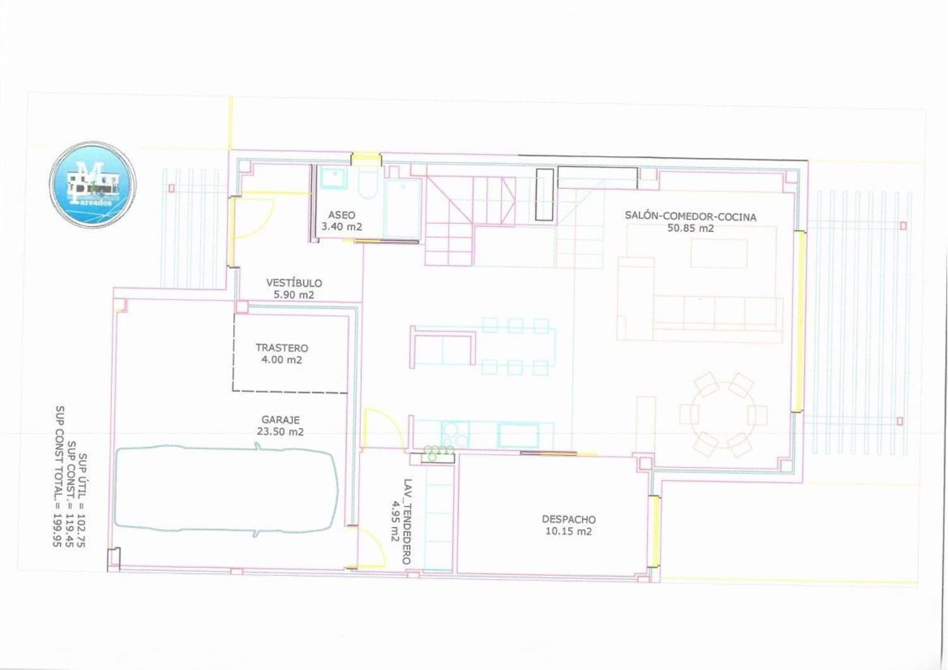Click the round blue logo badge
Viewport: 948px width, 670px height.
point(92,185)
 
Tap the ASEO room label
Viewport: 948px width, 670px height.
point(341,214)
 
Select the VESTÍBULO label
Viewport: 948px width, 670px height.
point(294,283)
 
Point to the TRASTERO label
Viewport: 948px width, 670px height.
point(281,348)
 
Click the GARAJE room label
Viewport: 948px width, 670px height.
point(280,420)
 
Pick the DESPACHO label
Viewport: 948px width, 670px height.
point(568,519)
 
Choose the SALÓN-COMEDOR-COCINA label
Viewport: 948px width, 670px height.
point(690,217)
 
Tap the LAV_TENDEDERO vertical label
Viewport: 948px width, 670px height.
point(407,521)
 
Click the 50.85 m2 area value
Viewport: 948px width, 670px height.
point(690,228)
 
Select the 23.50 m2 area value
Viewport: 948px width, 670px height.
point(280,431)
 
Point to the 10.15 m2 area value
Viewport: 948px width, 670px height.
point(568,531)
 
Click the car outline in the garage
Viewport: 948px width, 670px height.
point(228,490)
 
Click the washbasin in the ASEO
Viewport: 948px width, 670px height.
point(334,178)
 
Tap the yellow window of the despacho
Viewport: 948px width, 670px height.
point(655,531)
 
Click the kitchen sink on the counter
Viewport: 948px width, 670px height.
point(518,435)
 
